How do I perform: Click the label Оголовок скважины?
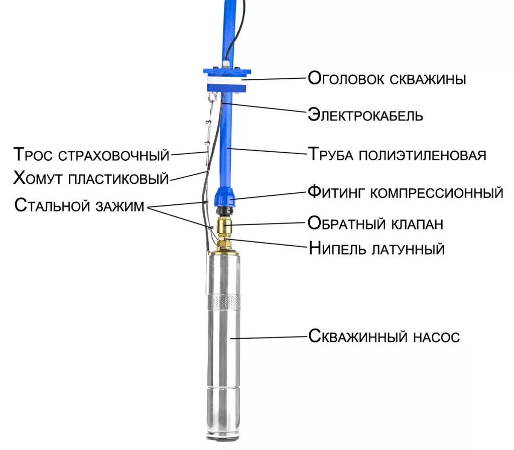pyautogui.click(x=387, y=79)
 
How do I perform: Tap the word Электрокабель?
pyautogui.click(x=365, y=115)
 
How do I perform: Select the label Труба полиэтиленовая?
pyautogui.click(x=397, y=154)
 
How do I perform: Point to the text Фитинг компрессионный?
pyautogui.click(x=405, y=192)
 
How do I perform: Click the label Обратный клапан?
pyautogui.click(x=375, y=222)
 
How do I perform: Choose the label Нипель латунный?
pyautogui.click(x=376, y=248)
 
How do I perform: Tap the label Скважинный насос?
pyautogui.click(x=383, y=336)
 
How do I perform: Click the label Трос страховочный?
pyautogui.click(x=91, y=154)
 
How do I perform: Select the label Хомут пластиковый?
pyautogui.click(x=91, y=178)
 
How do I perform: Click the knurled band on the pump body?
pyautogui.click(x=223, y=302)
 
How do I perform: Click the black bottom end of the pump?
pyautogui.click(x=223, y=439)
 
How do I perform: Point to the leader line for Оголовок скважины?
pyautogui.click(x=274, y=78)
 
